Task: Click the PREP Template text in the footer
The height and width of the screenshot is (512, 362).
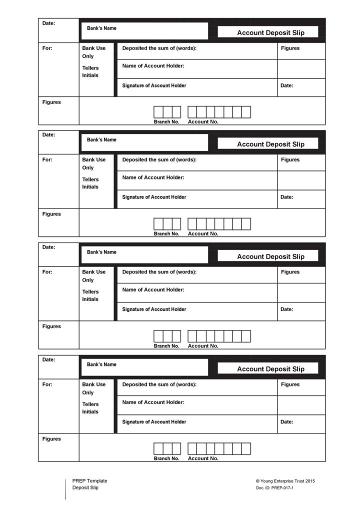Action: click(x=89, y=481)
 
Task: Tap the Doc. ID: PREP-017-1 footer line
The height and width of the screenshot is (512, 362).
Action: click(x=274, y=488)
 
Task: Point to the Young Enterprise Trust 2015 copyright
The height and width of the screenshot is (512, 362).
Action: click(x=285, y=481)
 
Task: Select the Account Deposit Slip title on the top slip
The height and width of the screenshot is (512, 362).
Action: click(x=270, y=32)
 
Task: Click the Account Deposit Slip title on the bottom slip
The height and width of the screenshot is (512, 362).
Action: click(x=270, y=369)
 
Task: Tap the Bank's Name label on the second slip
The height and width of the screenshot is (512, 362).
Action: click(x=101, y=140)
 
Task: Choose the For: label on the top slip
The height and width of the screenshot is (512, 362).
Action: click(x=47, y=48)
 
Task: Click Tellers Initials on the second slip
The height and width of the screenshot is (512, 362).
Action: click(x=90, y=183)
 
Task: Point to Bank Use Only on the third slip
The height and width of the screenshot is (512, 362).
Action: click(x=93, y=276)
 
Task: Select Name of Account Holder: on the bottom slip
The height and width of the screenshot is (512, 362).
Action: click(x=153, y=402)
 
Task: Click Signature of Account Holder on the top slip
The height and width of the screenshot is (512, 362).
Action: click(x=154, y=85)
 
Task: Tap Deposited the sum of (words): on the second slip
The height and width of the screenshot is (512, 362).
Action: click(x=159, y=160)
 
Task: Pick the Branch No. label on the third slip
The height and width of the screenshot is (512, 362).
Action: click(x=166, y=346)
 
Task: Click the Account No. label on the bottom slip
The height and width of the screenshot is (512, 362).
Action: click(x=203, y=458)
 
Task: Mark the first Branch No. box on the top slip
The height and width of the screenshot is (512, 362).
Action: click(x=158, y=112)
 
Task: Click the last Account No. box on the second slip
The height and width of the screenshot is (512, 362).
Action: click(x=246, y=224)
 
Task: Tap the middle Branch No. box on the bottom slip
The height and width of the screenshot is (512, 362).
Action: click(x=167, y=449)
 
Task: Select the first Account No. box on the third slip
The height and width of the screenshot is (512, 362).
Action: click(x=192, y=336)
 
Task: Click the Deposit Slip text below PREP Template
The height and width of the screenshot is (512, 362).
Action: click(x=85, y=488)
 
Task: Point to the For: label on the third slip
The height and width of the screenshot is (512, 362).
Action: click(x=47, y=272)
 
